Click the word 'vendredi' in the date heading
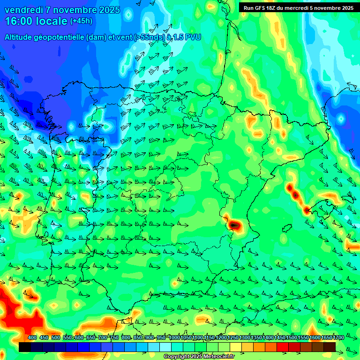(23, 10)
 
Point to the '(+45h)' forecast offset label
(81, 21)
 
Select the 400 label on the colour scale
(32, 337)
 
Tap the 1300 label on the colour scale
(245, 337)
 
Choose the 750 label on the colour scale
(114, 337)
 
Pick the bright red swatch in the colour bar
(283, 347)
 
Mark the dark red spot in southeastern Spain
(234, 225)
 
